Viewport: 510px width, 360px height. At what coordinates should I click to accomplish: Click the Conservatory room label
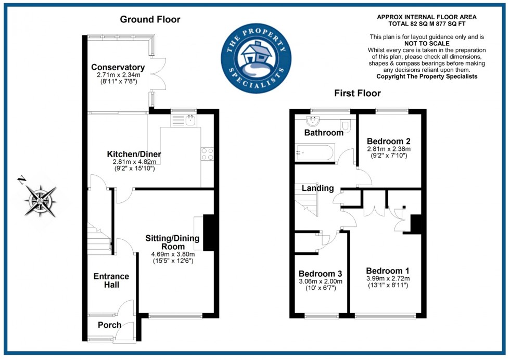point(118,67)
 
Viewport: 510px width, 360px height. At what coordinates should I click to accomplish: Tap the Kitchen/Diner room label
point(134,154)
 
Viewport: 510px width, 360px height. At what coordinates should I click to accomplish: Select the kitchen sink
point(184,120)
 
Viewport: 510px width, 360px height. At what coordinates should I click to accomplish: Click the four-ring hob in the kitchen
point(207,154)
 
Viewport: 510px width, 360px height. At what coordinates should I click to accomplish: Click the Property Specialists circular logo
point(256,58)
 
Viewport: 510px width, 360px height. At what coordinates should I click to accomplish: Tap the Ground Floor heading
point(150,20)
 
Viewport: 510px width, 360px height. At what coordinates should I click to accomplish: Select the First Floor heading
point(358,93)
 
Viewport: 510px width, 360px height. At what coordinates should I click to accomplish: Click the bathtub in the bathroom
point(314,152)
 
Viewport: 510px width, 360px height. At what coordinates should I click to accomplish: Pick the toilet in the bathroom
point(345,125)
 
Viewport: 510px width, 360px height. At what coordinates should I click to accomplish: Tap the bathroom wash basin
point(313,121)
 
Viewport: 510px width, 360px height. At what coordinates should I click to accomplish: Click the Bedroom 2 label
point(388,141)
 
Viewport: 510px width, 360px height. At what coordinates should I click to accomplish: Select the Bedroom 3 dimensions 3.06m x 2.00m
point(321,281)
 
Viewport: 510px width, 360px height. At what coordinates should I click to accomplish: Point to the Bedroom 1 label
point(388,271)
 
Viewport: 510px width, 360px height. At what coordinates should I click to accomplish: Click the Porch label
point(110,325)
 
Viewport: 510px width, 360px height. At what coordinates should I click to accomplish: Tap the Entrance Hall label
point(111,280)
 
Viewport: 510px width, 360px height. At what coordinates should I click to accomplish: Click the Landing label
point(318,188)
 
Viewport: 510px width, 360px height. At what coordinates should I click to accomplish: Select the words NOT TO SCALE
point(427,44)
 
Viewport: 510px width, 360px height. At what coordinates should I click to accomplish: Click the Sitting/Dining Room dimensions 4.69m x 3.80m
point(173,254)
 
